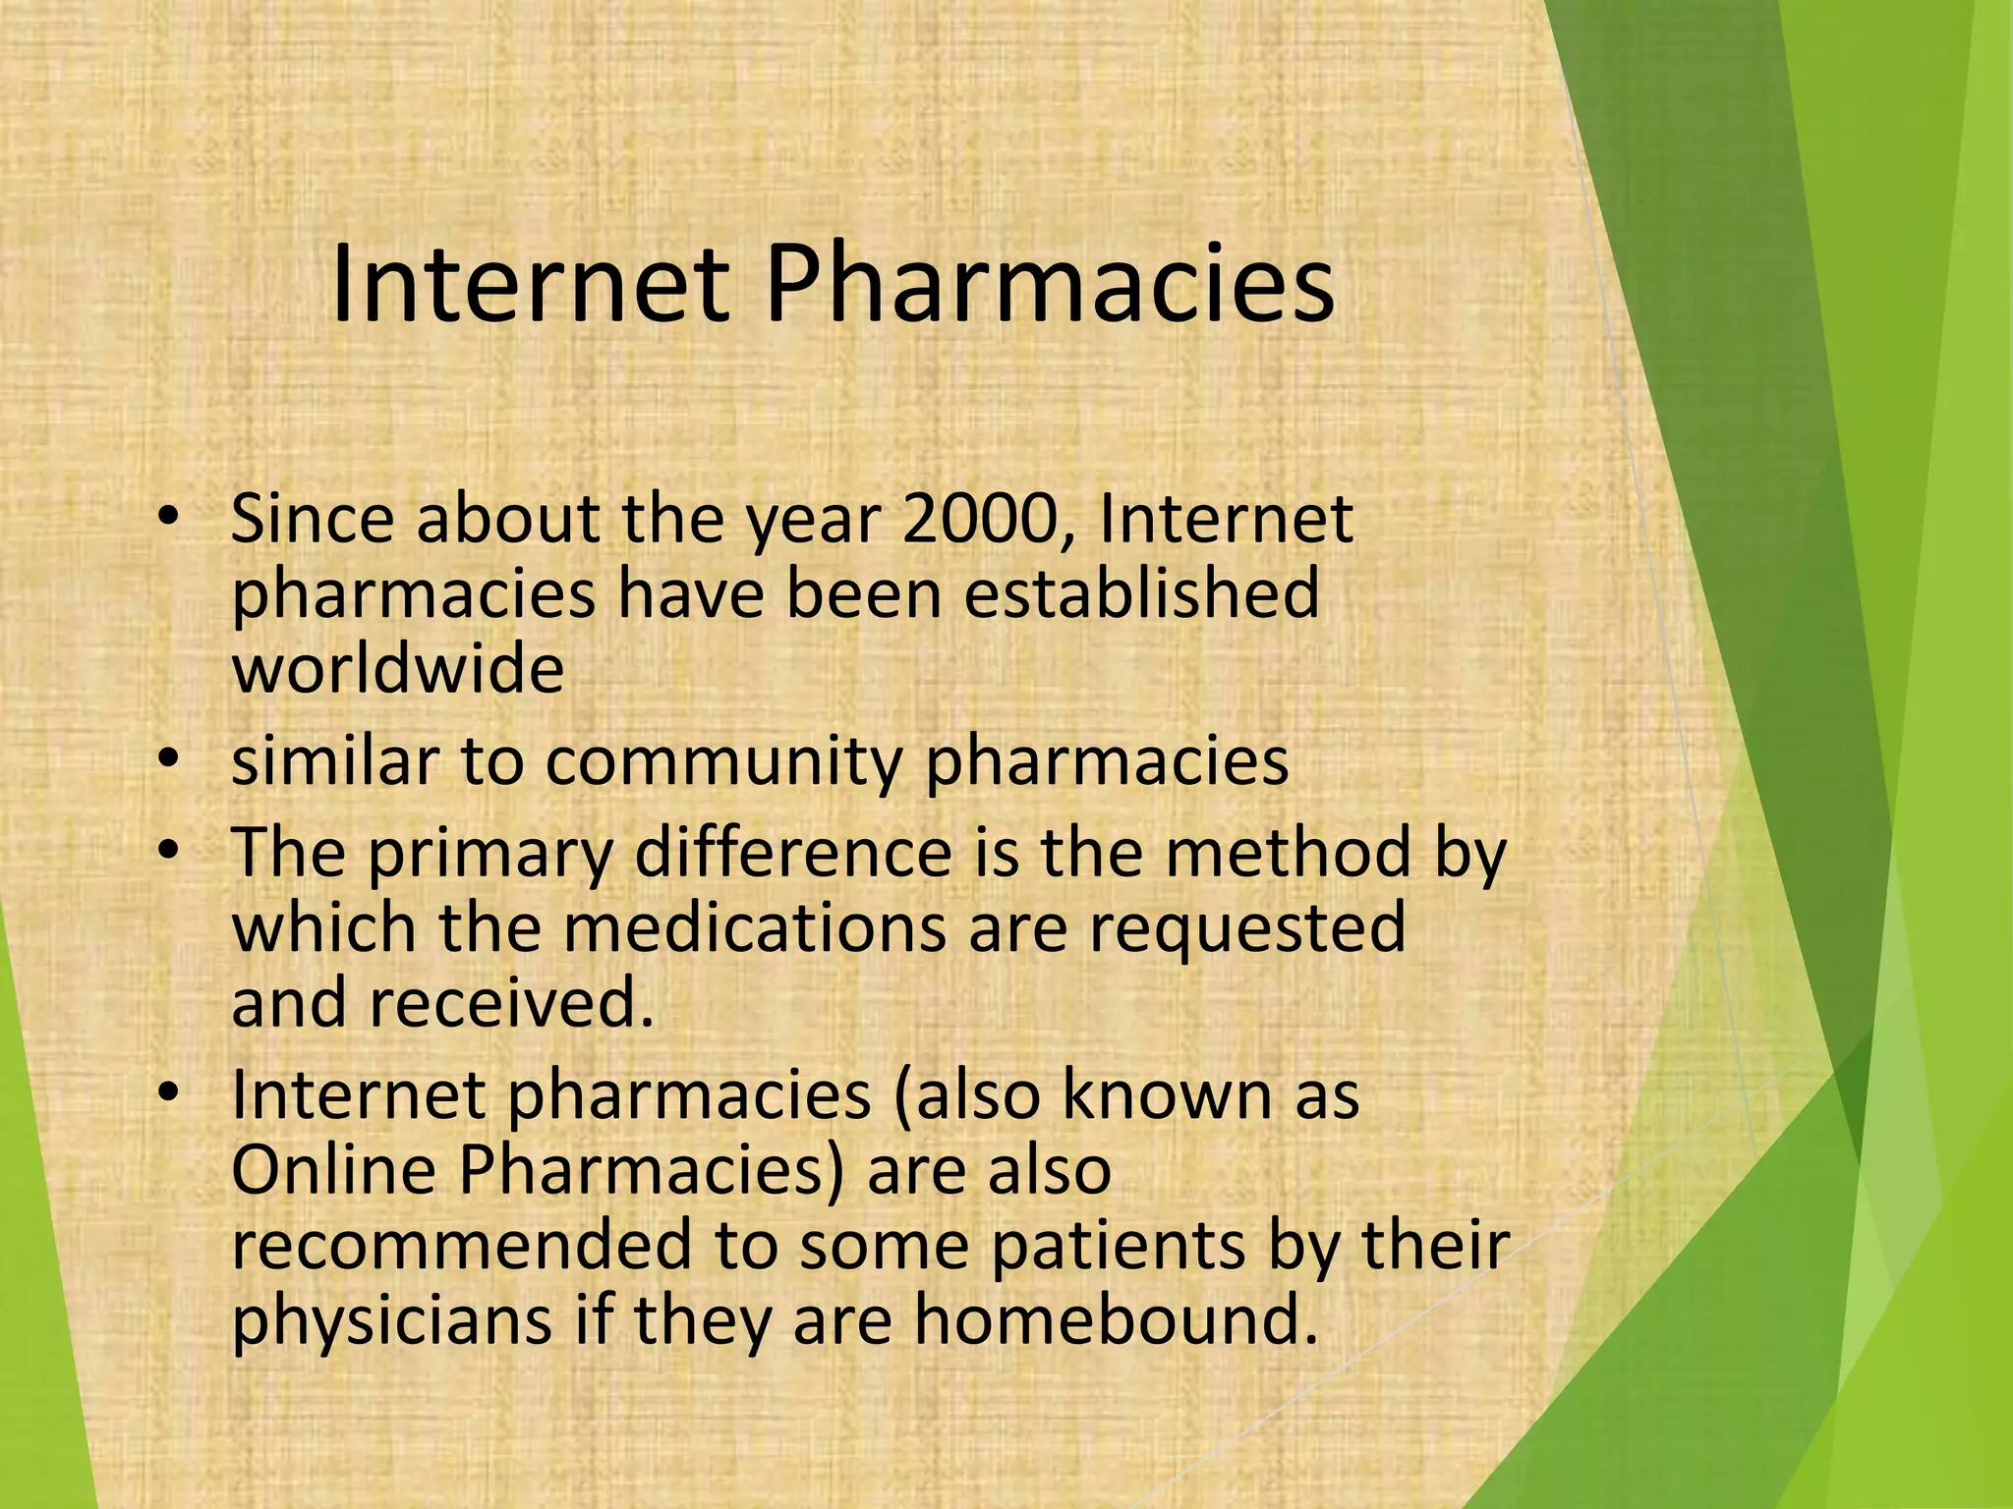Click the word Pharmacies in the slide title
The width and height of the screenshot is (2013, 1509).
(x=1049, y=286)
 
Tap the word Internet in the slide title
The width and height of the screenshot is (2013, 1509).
(x=531, y=286)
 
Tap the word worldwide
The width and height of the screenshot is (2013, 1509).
(x=398, y=669)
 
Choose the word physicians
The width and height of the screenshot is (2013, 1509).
(x=392, y=1320)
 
